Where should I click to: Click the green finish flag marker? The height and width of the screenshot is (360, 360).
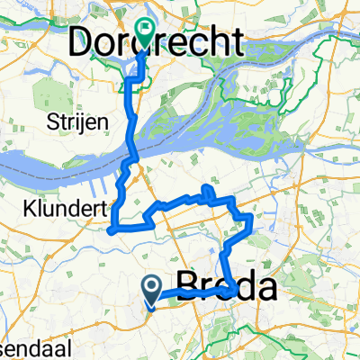[x=145, y=33]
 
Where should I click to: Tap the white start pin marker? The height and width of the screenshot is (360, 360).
[x=152, y=289]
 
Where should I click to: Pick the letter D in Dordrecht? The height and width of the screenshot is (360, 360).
[x=85, y=42]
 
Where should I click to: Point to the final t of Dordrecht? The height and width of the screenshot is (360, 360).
[x=236, y=41]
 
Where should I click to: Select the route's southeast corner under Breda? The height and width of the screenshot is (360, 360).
[x=235, y=290]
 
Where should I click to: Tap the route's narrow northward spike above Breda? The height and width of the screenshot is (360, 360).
[x=209, y=189]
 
